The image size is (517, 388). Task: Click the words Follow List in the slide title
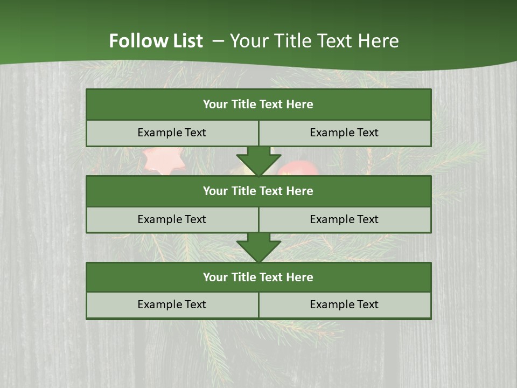click(x=156, y=41)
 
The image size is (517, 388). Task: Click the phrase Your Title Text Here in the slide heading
click(x=315, y=41)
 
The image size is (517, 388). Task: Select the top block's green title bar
click(x=258, y=105)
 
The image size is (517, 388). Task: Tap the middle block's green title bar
click(x=258, y=191)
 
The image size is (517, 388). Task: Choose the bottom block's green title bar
click(x=258, y=277)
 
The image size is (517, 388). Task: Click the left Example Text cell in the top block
click(x=172, y=133)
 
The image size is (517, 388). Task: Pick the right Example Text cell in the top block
click(x=344, y=133)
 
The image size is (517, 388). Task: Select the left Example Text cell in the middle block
click(x=172, y=219)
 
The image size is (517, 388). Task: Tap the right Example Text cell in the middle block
click(x=344, y=219)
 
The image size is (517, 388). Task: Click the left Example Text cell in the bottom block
click(x=172, y=304)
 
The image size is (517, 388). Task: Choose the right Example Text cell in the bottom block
click(x=344, y=304)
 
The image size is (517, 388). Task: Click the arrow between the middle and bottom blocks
click(x=258, y=247)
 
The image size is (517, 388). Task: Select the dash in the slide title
click(x=218, y=41)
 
